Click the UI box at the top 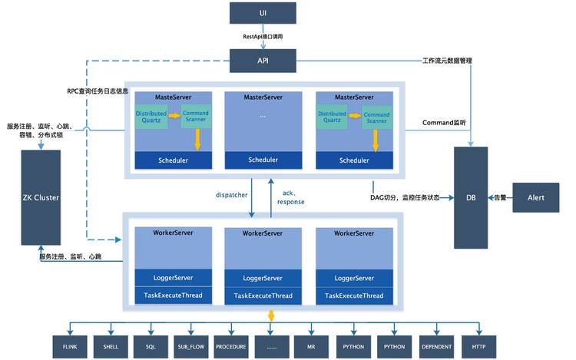click(263, 13)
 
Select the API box click(263, 59)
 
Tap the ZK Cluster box click(41, 197)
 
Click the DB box click(471, 197)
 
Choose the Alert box click(535, 197)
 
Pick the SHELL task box click(111, 346)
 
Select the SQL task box click(151, 346)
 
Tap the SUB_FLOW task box click(190, 346)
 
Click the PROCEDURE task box click(231, 346)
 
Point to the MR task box click(312, 346)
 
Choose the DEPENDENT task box click(436, 346)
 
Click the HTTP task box click(479, 346)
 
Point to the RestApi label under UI click(263, 37)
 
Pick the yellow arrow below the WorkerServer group click(270, 316)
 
